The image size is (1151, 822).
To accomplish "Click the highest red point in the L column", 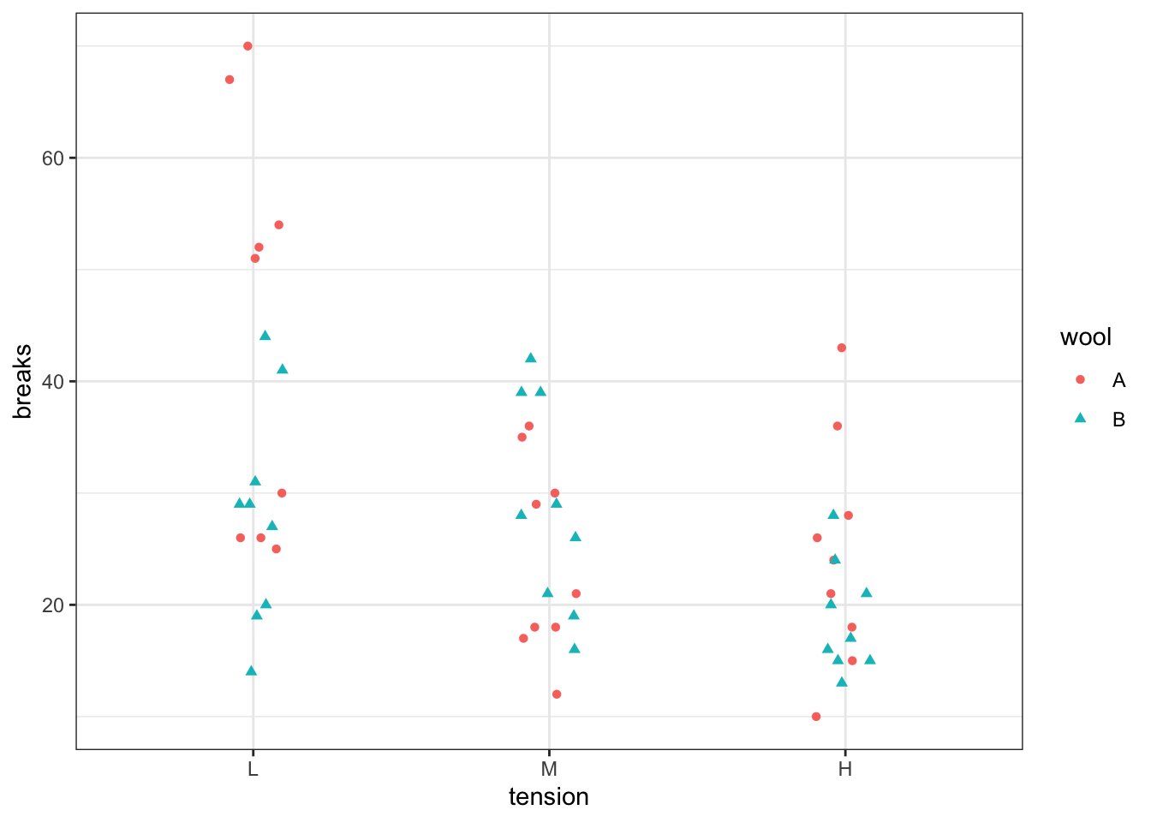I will point(247,46).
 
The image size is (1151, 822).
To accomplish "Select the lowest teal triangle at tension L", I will point(251,670).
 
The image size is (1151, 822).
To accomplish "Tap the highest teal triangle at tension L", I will point(265,336).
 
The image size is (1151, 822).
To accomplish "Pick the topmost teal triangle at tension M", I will point(530,358).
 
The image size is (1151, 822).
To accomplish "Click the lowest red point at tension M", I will point(557,694).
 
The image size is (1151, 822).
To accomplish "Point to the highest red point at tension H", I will point(841,348).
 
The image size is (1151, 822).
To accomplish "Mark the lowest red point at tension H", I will point(816,717).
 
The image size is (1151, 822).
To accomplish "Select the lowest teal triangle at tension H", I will point(842,682).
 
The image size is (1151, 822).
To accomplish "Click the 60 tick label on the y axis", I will point(53,158).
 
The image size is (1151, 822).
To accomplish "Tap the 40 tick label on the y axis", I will point(53,381).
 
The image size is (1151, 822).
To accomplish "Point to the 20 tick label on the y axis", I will point(53,605).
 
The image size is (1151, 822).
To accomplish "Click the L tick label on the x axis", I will point(253,769).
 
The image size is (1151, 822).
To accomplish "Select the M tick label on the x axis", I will point(549,769).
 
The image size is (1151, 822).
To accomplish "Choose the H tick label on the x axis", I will point(845,769).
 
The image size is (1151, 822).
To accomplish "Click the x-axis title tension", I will point(549,797).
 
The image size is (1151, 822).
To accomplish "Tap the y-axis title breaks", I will point(23,381).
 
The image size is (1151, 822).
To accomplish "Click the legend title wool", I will point(1085,337).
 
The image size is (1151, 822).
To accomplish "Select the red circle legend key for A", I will point(1080,379).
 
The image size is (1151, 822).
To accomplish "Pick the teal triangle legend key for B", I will point(1080,419).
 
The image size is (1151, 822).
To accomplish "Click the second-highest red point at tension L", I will point(230,80).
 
